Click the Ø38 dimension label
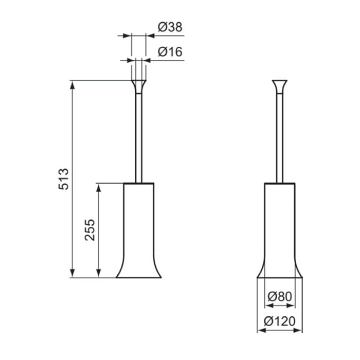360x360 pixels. [x=170, y=27]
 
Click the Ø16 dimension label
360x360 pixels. [x=170, y=52]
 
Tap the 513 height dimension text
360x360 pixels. [x=63, y=179]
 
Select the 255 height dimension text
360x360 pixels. [x=89, y=230]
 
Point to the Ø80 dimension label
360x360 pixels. [x=280, y=296]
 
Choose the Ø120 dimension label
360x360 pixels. [x=280, y=321]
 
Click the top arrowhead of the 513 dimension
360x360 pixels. [x=73, y=85]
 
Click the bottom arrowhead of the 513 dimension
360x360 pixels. [x=73, y=273]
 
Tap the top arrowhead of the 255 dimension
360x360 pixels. [x=99, y=188]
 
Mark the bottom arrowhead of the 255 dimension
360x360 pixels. [x=99, y=273]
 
